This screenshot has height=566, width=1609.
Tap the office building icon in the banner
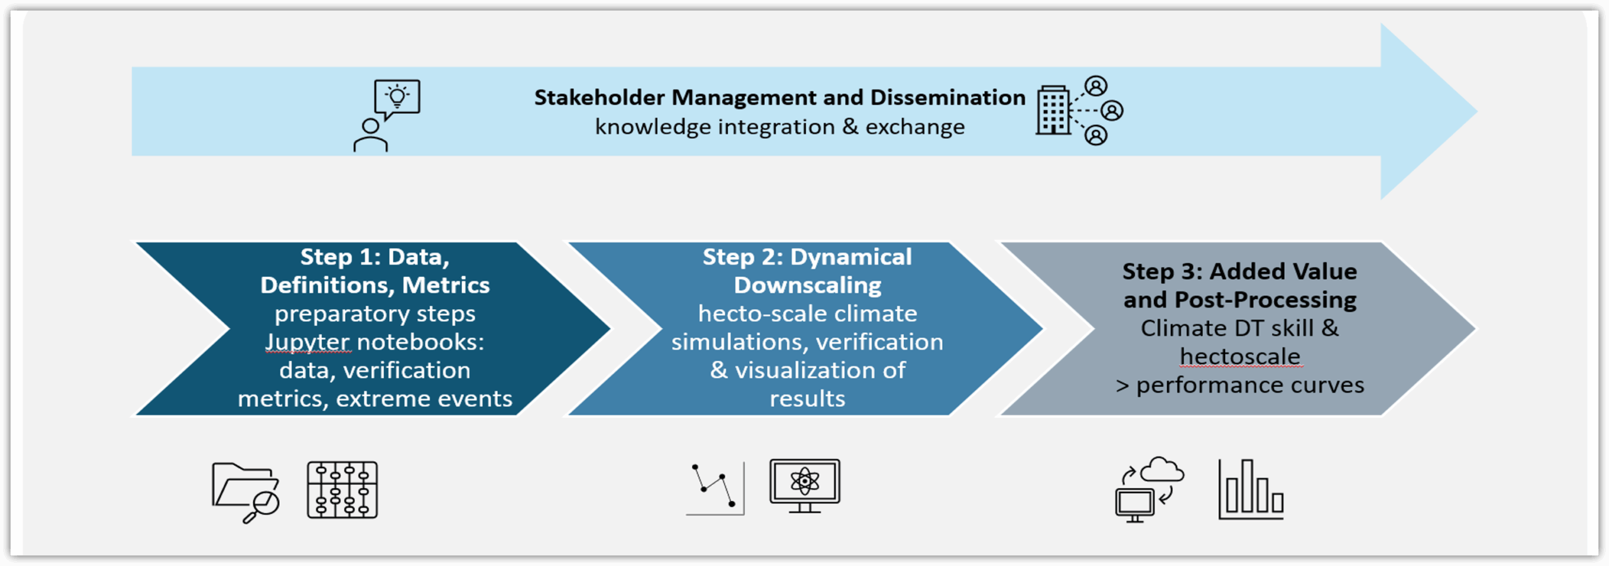tap(1053, 110)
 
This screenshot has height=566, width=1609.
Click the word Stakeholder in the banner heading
tap(599, 97)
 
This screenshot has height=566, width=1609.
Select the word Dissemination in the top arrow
tap(948, 97)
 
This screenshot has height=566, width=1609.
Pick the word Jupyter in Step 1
tap(307, 342)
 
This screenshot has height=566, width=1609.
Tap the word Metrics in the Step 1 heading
tap(446, 285)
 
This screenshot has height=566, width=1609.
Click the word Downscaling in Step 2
tap(808, 286)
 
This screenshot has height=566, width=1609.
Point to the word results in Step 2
tap(808, 399)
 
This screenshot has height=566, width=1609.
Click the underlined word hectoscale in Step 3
tap(1239, 356)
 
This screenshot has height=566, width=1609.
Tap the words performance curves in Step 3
tap(1250, 385)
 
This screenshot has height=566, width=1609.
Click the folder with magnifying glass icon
tap(245, 493)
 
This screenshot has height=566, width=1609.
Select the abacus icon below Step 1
tap(343, 490)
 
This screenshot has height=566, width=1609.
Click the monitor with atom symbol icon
tap(805, 486)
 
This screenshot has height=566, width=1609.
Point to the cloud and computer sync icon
tap(1150, 490)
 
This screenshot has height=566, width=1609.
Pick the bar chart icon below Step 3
tap(1251, 489)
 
